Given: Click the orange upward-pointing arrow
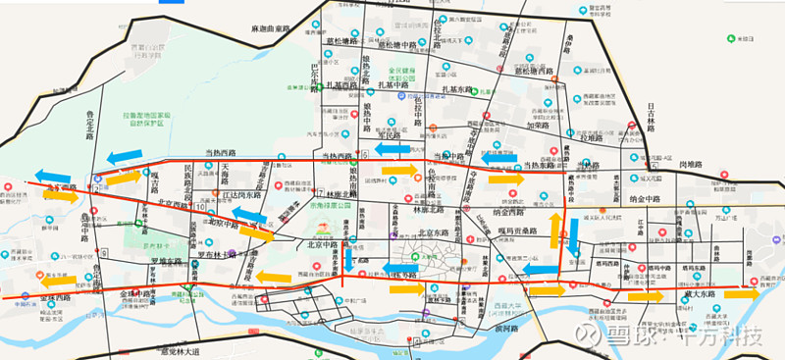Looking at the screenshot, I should point(555,229).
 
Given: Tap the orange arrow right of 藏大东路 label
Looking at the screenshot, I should point(743,293).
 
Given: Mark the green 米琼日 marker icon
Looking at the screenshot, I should point(731,38).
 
